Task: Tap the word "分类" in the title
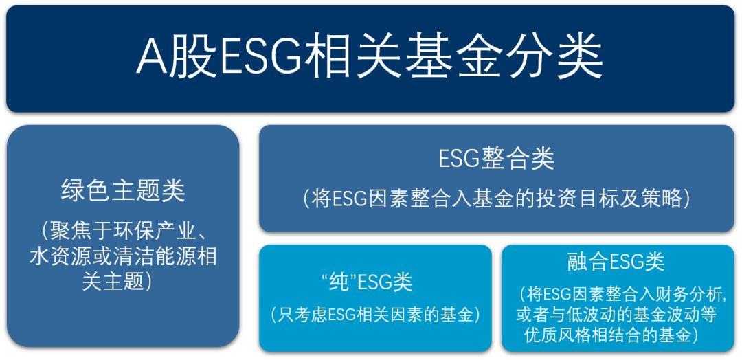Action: [x=554, y=58]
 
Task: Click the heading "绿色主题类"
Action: [x=123, y=191]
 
